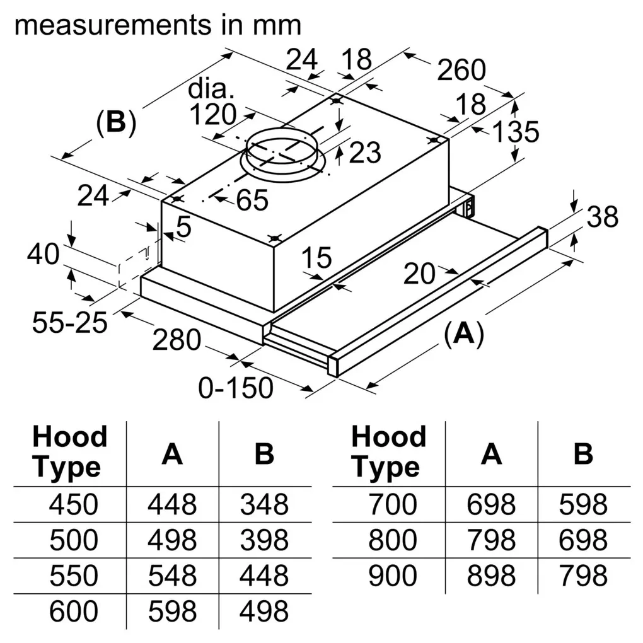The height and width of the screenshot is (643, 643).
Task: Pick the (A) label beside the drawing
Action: pyautogui.click(x=463, y=333)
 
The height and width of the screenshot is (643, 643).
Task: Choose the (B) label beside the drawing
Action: pyautogui.click(x=115, y=122)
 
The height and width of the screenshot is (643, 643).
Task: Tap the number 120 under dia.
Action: pyautogui.click(x=212, y=115)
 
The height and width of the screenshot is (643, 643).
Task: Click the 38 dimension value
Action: pyautogui.click(x=602, y=217)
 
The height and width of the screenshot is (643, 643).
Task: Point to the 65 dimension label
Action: pyautogui.click(x=252, y=200)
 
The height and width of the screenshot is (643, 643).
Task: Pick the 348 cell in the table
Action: pyautogui.click(x=264, y=504)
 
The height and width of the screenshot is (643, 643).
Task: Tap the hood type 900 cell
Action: pyautogui.click(x=391, y=576)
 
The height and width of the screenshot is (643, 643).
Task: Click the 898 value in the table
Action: pyautogui.click(x=491, y=576)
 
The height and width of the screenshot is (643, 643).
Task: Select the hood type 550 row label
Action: pyautogui.click(x=74, y=576)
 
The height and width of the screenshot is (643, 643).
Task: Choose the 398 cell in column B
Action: pyautogui.click(x=264, y=540)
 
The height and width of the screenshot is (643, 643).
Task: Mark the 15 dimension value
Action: pyautogui.click(x=316, y=257)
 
